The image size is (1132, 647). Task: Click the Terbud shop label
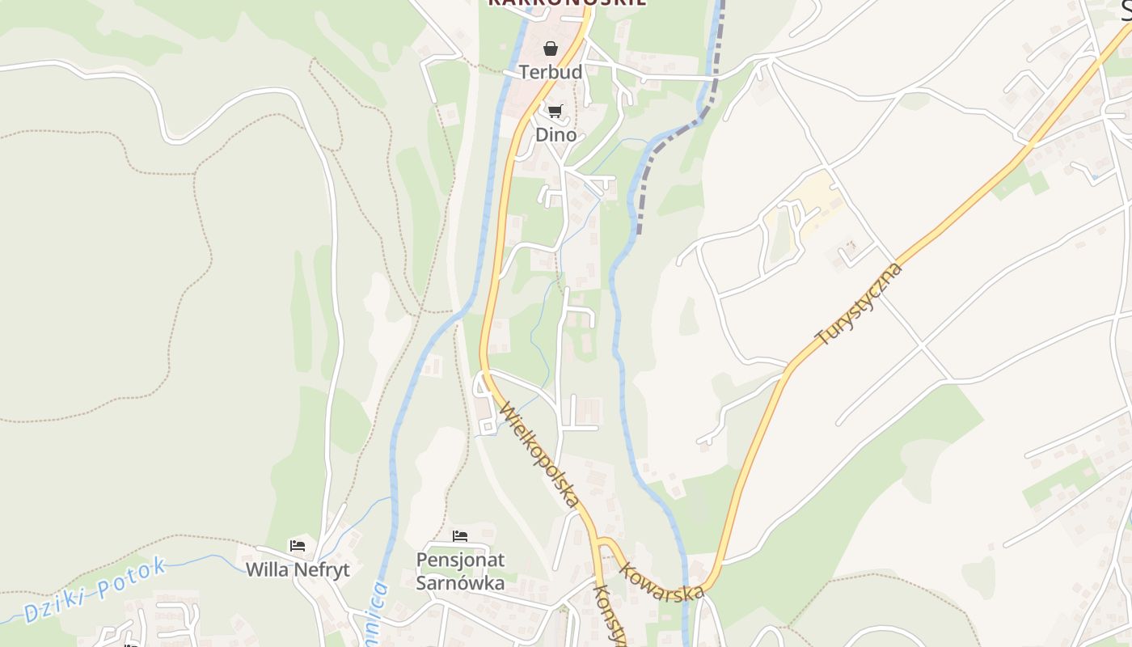(551, 72)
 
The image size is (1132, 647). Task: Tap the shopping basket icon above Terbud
(551, 49)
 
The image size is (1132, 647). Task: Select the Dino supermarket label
(556, 134)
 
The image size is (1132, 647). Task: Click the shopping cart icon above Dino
(555, 111)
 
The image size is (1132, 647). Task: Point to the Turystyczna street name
(859, 303)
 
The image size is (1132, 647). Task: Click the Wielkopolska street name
(540, 455)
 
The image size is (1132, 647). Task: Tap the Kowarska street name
(661, 581)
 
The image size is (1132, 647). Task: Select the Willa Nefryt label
(298, 569)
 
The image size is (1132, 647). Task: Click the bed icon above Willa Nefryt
(298, 546)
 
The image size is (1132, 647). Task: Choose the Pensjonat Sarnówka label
(460, 571)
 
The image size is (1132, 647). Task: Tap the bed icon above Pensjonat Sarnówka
(460, 536)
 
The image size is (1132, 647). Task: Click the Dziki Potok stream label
(95, 590)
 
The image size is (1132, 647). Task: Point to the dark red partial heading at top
(566, 3)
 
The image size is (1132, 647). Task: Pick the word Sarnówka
(460, 582)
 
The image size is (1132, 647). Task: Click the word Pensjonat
(460, 560)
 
